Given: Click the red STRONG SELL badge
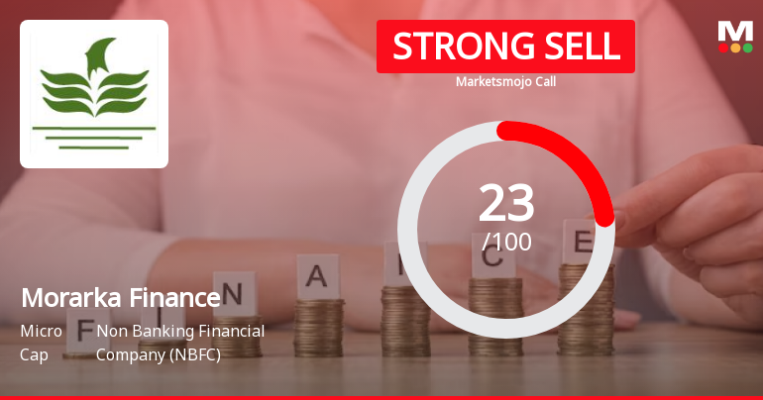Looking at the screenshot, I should [x=505, y=47].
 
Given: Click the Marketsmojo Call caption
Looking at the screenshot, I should [x=505, y=81].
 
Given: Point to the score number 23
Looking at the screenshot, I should [x=506, y=203].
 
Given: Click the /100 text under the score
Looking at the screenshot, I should [x=506, y=242].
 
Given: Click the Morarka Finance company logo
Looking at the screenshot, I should [x=94, y=94].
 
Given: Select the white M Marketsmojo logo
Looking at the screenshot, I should [x=735, y=31].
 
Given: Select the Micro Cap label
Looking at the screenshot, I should [x=42, y=342].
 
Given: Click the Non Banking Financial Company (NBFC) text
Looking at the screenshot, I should [x=180, y=342].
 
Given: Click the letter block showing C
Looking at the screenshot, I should [x=492, y=256].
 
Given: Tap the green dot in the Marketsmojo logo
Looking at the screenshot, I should [x=747, y=48].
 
